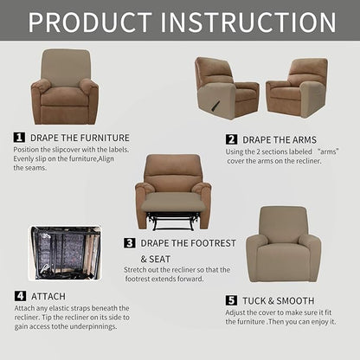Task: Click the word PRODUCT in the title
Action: (93, 21)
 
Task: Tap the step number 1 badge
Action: (19, 137)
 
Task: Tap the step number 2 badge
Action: (232, 139)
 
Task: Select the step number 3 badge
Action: (130, 243)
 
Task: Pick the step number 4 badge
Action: (19, 296)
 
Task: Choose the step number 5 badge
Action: (232, 299)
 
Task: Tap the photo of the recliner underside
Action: (65, 256)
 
